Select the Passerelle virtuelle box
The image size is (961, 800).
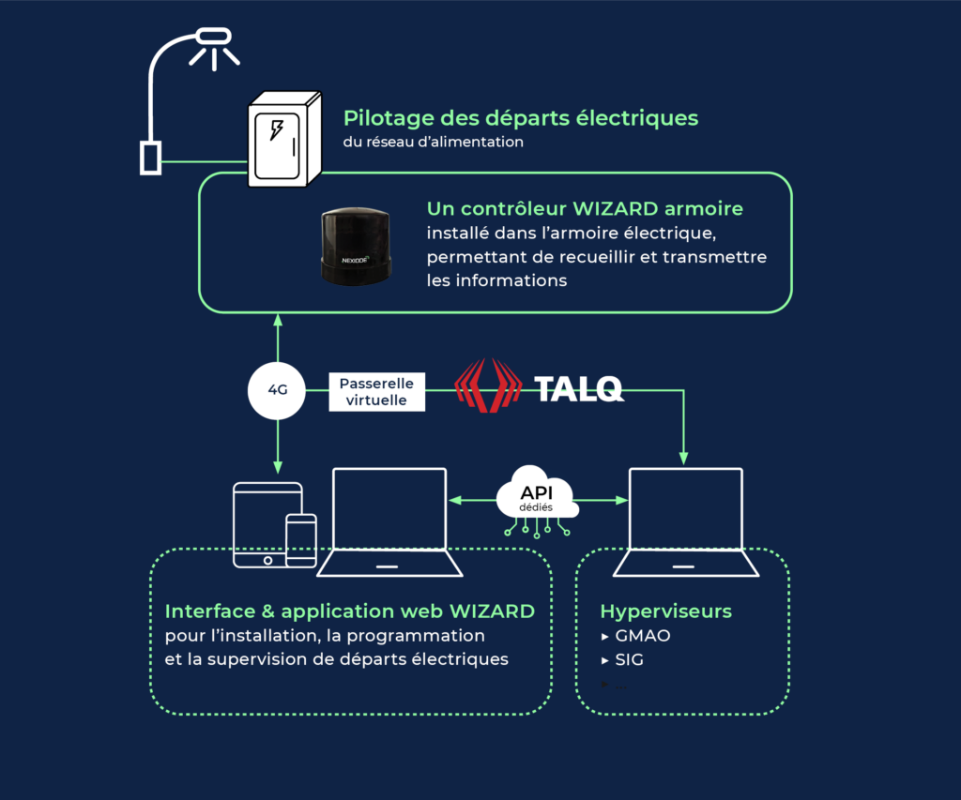click(376, 391)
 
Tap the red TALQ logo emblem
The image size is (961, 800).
click(488, 385)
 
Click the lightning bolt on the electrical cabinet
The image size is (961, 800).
click(277, 129)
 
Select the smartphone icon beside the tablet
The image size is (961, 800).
click(301, 540)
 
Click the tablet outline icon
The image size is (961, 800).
click(267, 525)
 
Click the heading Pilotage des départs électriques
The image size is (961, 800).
click(521, 118)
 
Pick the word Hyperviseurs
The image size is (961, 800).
click(665, 611)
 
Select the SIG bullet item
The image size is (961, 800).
click(629, 659)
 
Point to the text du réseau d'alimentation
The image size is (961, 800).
click(434, 143)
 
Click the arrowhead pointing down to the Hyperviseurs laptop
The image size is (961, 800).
click(684, 458)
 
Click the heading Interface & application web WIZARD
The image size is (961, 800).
click(350, 611)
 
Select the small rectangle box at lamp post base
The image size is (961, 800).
click(150, 158)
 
